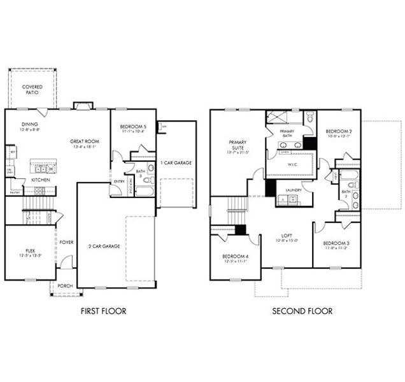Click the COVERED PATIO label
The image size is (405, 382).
coord(31,89)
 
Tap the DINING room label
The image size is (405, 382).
coord(30,124)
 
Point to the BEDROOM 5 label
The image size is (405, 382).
coord(133,127)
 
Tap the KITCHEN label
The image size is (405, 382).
coord(41,180)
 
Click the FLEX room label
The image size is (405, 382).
coord(30,251)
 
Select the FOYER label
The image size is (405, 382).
coord(66,242)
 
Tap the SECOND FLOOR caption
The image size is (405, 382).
coord(302,311)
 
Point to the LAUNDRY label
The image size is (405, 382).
coord(293,190)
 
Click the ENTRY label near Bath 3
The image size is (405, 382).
coord(118,182)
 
